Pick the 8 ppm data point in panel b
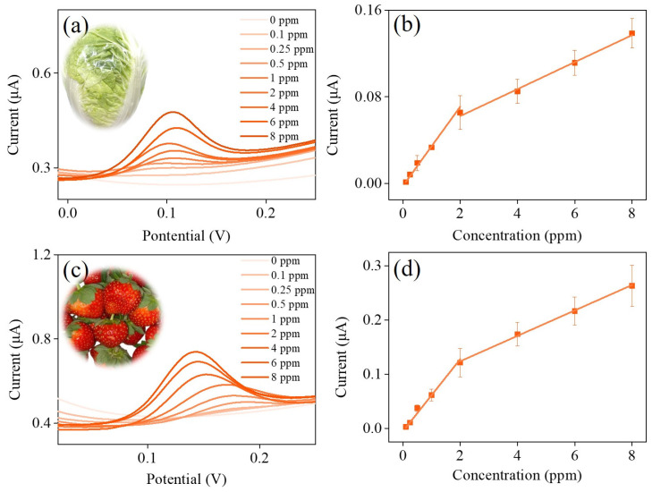pyautogui.click(x=631, y=33)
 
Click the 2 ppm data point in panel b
pyautogui.click(x=460, y=113)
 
